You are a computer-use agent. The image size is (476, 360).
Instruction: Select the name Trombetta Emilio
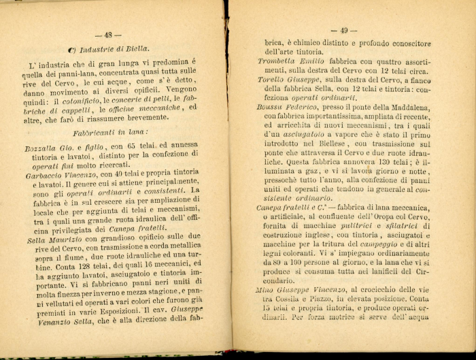288,61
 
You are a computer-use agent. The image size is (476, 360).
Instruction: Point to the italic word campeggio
366,243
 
